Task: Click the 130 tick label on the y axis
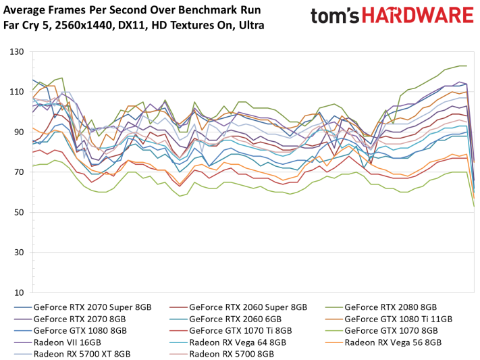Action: pos(18,52)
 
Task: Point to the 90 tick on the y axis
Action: pos(20,132)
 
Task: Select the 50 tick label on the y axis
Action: pos(20,213)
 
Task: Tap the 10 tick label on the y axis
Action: pos(20,293)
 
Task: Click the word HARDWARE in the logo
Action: pos(425,16)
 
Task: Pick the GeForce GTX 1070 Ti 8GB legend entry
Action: pos(240,330)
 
